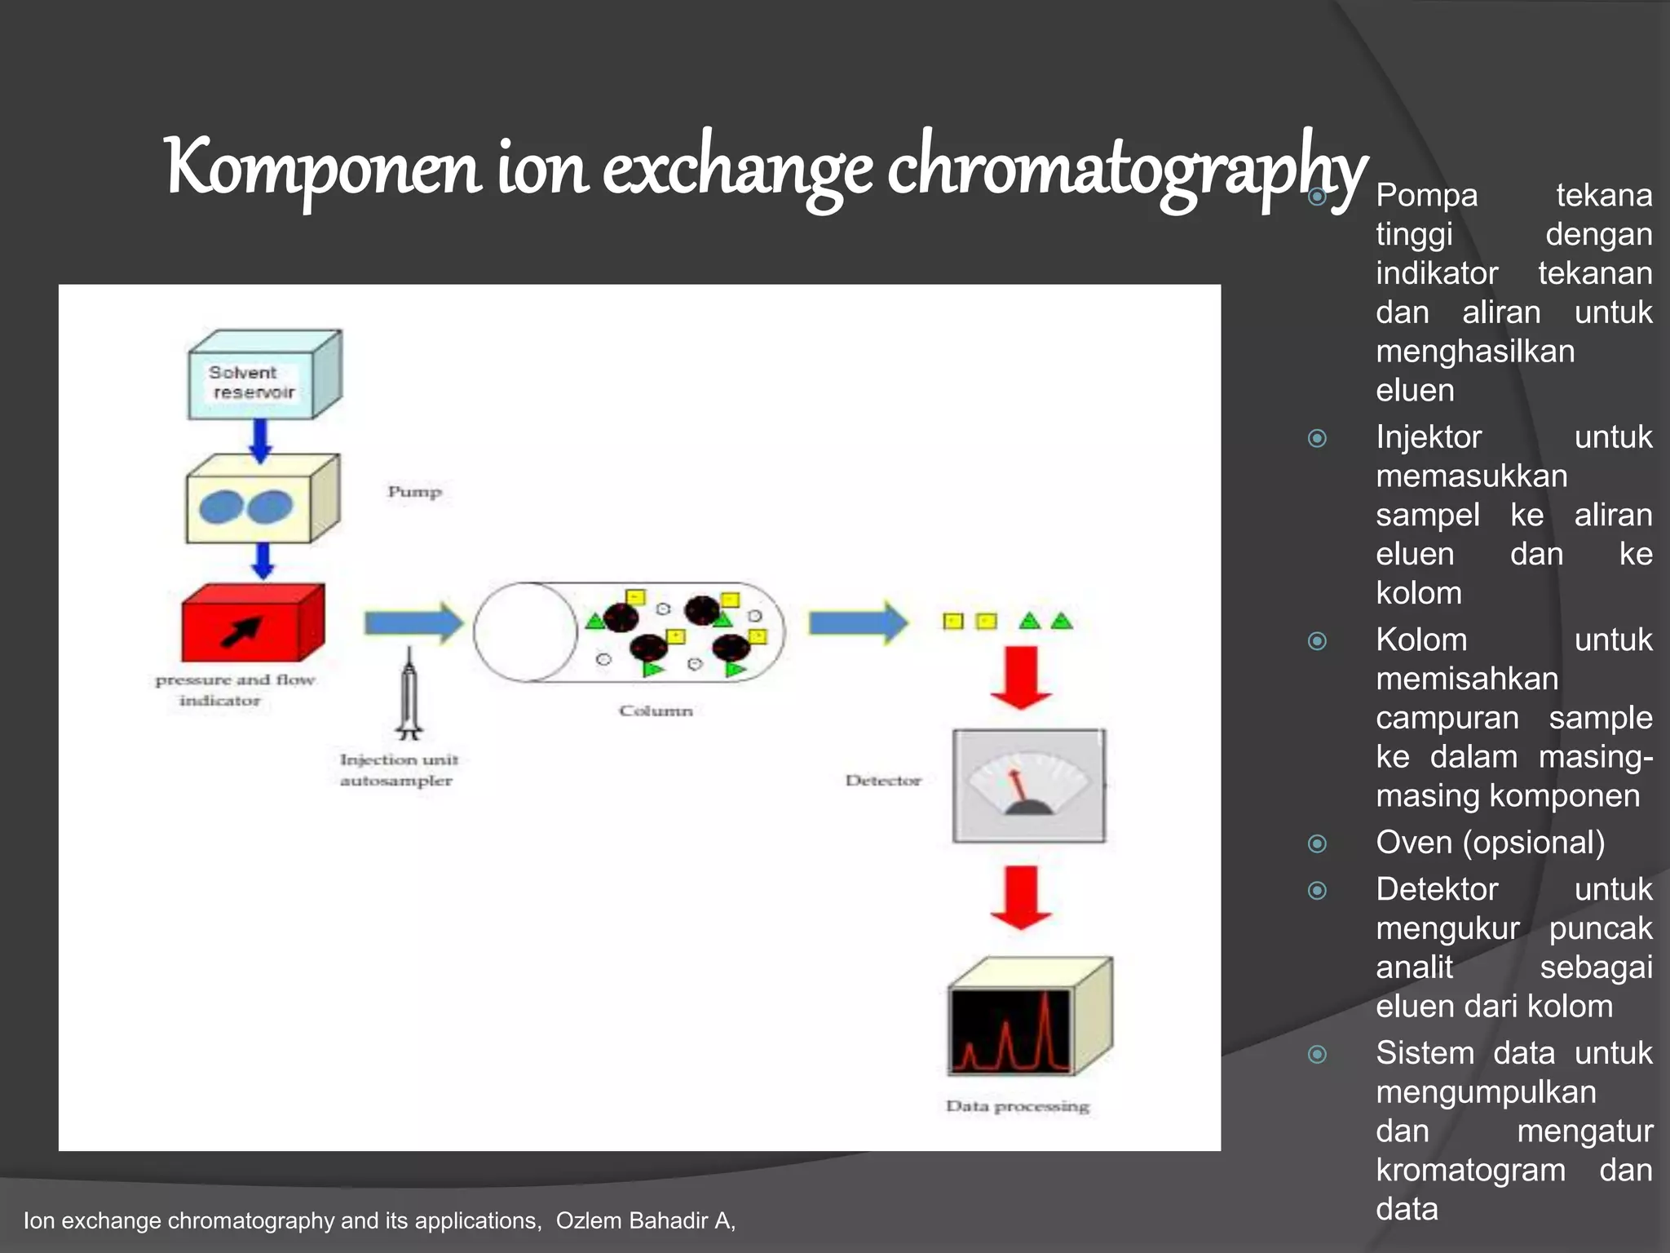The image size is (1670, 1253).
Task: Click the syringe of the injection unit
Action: (409, 693)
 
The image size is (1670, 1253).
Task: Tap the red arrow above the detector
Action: (1020, 677)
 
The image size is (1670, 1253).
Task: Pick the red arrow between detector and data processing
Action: (1020, 897)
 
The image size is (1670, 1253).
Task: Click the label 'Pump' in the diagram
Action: (414, 492)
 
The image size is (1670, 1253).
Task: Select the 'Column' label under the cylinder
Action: (656, 711)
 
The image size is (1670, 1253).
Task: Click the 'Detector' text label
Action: (883, 781)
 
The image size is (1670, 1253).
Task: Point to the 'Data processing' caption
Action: (1017, 1106)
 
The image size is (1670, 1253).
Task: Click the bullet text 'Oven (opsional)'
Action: (1490, 842)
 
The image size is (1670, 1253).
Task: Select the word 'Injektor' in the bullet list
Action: (1429, 437)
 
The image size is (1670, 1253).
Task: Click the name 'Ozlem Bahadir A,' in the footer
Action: (646, 1220)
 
